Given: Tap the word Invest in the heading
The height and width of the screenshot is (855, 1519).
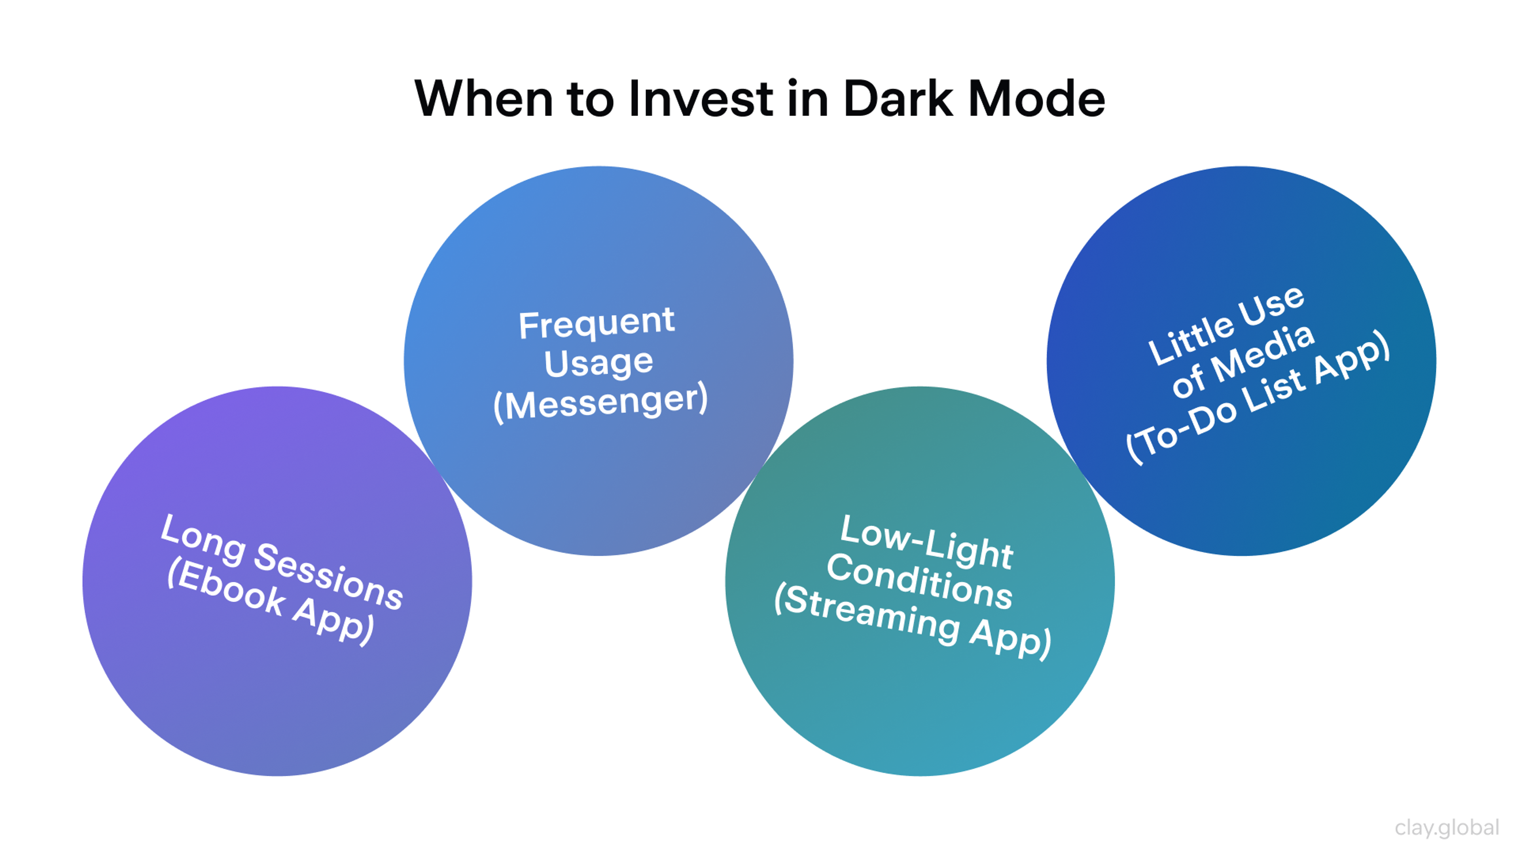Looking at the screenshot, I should [x=701, y=99].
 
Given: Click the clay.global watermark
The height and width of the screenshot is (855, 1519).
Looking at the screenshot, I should [x=1447, y=827].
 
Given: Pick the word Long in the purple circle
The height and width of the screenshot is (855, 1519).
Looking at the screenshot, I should [x=203, y=540].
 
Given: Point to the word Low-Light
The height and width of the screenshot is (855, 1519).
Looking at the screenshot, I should [x=926, y=541].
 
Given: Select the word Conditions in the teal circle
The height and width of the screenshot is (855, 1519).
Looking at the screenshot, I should [x=919, y=581].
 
